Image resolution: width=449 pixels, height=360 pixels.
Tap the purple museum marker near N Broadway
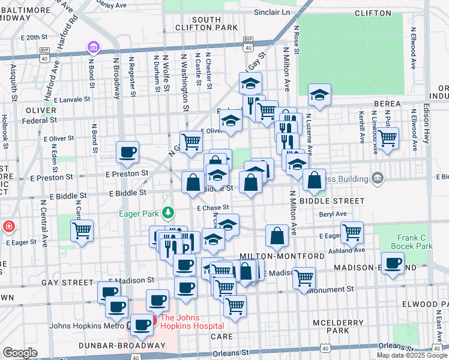click(93, 47)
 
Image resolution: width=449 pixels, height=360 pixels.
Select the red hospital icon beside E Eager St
click(8, 227)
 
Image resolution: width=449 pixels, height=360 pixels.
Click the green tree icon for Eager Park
click(170, 212)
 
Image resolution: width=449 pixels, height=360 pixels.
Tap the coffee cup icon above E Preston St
click(127, 152)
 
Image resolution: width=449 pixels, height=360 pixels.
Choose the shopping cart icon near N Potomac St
click(388, 137)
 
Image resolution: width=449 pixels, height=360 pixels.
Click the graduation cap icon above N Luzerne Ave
click(320, 94)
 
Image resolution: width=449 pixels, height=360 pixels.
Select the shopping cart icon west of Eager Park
click(82, 230)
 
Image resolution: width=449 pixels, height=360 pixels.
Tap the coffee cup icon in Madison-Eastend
click(393, 263)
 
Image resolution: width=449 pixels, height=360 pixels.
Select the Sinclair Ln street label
click(271, 12)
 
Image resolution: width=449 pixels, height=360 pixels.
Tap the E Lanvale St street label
click(71, 100)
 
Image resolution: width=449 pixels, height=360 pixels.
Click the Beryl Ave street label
click(334, 214)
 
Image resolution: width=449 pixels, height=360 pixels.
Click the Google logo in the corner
click(20, 353)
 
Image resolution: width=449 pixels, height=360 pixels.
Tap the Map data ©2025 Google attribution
click(412, 355)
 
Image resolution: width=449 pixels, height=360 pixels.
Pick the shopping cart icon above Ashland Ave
click(352, 232)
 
